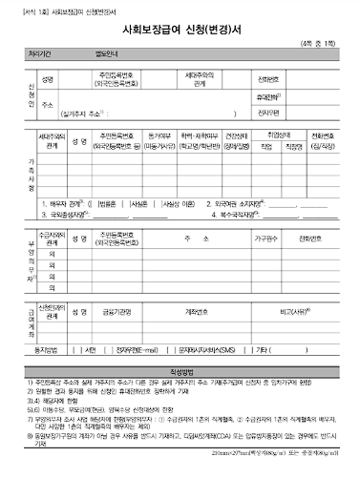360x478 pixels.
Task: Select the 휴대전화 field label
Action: [x=269, y=97]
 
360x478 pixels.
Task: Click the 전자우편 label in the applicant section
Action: [x=268, y=114]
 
